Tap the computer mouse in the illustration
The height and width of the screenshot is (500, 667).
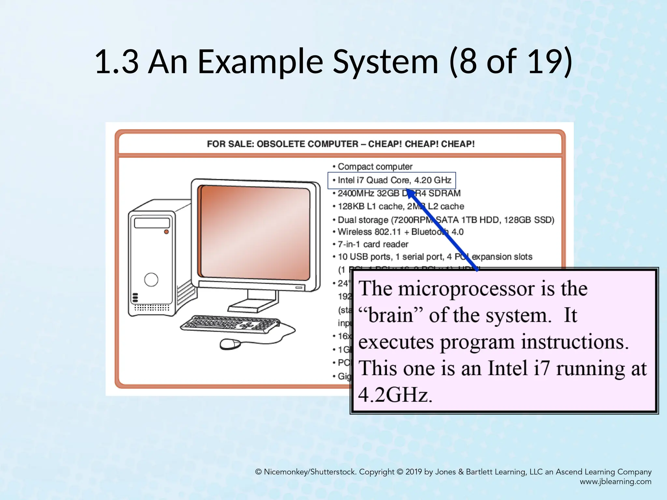pyautogui.click(x=230, y=344)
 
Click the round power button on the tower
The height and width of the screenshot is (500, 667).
pyautogui.click(x=151, y=279)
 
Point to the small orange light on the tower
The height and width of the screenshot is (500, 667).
pyautogui.click(x=166, y=232)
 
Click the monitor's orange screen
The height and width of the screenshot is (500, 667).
pyautogui.click(x=255, y=233)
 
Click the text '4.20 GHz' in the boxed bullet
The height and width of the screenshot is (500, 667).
pyautogui.click(x=433, y=180)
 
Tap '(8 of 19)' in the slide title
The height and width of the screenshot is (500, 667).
pyautogui.click(x=510, y=61)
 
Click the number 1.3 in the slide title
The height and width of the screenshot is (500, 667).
pyautogui.click(x=117, y=61)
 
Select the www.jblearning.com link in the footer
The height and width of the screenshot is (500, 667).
pyautogui.click(x=616, y=482)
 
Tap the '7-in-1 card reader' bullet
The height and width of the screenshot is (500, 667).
pyautogui.click(x=373, y=244)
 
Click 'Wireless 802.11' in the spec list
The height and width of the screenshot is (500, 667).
pyautogui.click(x=369, y=232)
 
